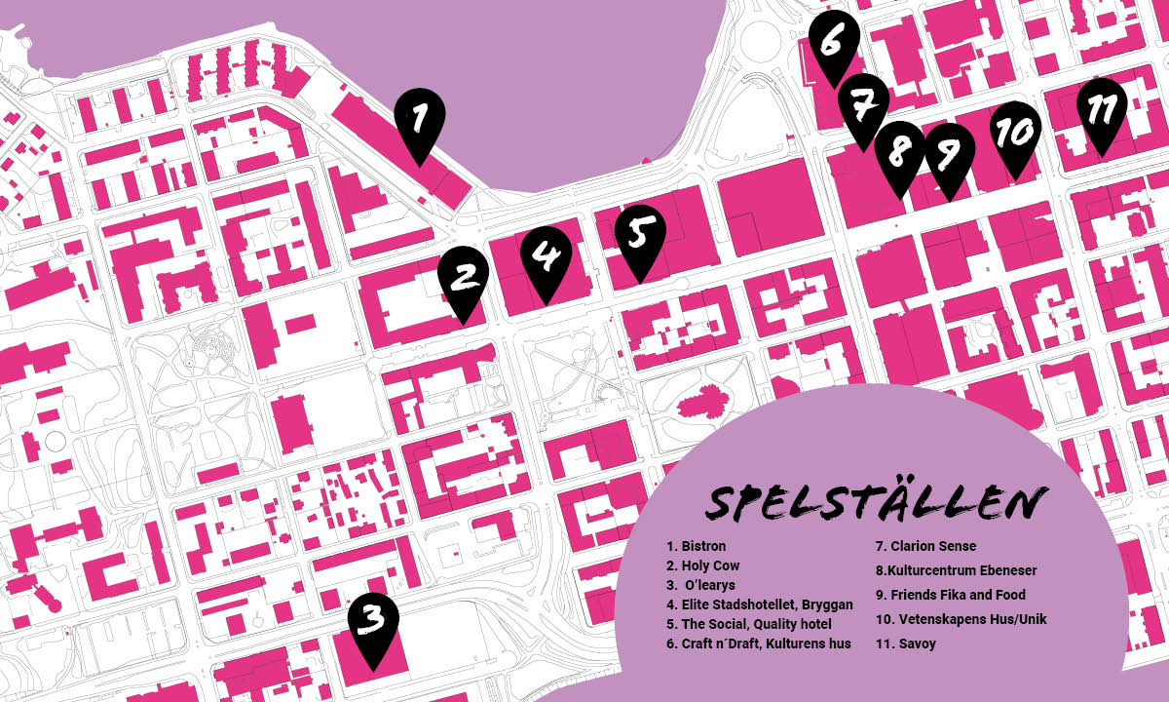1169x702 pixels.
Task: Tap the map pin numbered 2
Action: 463,277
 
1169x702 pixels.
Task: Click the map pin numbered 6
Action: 833,41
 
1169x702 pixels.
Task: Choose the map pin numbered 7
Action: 862,104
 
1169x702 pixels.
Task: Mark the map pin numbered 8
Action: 899,153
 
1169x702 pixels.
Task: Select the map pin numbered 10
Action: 1016,132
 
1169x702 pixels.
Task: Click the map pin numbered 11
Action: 1102,109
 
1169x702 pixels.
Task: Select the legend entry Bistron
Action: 697,546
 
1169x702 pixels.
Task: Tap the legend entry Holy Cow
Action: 703,565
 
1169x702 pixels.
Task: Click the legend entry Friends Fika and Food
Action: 951,595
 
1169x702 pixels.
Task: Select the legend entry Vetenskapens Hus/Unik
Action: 961,619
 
